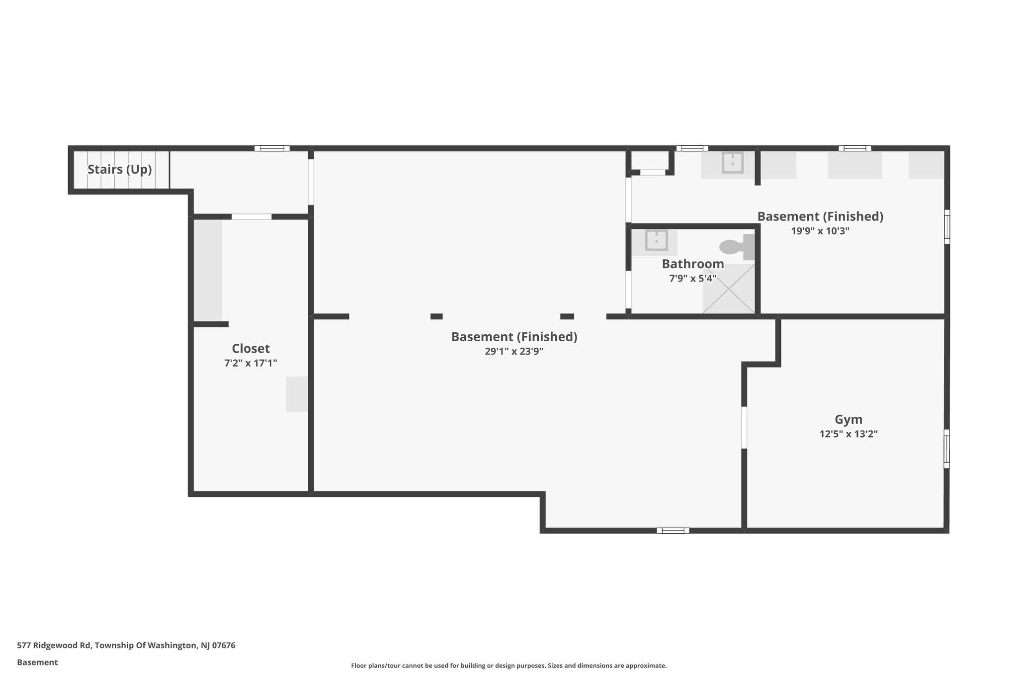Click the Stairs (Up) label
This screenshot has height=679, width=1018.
pos(119,170)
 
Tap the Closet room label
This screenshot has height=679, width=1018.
pos(251,348)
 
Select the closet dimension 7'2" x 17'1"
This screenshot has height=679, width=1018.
pos(251,363)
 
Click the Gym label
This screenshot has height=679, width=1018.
pos(848,419)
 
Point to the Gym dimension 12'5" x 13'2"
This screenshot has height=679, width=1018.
pos(848,434)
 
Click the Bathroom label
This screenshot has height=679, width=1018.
pos(692,264)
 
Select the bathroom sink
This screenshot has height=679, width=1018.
pos(656,241)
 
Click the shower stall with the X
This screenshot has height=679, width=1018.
pos(728,289)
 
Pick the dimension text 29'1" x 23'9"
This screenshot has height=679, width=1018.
pos(514,351)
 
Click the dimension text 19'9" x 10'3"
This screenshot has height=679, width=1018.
pos(820,231)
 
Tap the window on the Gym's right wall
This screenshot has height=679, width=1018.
pos(946,449)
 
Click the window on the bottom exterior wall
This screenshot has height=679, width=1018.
pos(673,530)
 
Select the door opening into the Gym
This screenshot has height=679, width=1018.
pos(744,427)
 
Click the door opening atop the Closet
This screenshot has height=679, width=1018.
pos(252,216)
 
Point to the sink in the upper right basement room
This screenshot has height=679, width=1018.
pos(732,163)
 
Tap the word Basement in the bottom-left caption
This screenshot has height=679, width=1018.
pos(37,662)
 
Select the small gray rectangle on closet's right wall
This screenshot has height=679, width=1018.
pos(297,394)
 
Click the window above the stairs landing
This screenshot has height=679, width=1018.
pos(272,148)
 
